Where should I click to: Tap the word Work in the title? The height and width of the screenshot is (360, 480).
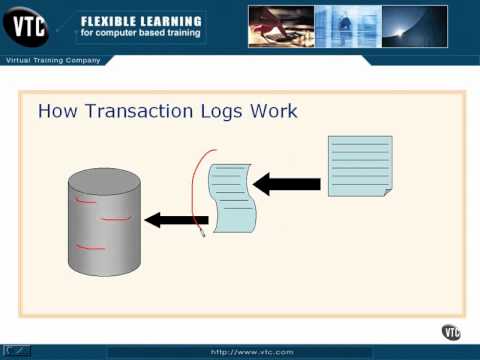tap(276, 110)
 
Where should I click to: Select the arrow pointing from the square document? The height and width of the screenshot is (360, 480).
tap(287, 184)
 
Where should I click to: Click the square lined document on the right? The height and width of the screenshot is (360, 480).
tap(359, 165)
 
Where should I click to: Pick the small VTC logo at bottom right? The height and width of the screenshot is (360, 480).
tap(451, 332)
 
